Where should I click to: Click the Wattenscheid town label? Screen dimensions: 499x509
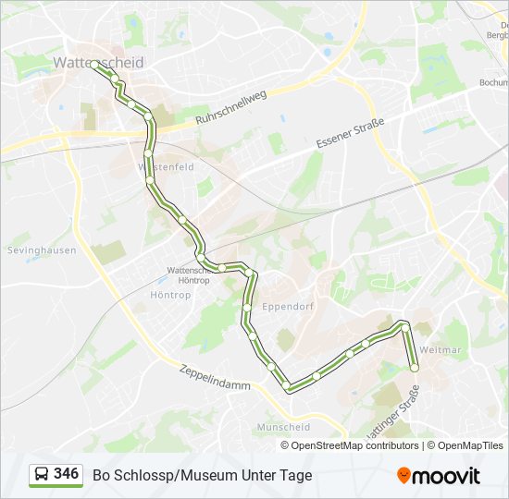pos(98,63)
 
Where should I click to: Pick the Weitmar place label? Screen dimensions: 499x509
pos(441,350)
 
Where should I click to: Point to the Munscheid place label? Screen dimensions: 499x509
pos(284,427)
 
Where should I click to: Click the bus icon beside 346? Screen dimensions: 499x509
pos(41,475)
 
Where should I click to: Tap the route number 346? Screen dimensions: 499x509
pos(66,474)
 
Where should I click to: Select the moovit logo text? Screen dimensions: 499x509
pos(446,476)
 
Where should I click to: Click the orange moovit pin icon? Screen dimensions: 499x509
pos(403,475)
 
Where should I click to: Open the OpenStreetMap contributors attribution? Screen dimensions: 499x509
pos(354,445)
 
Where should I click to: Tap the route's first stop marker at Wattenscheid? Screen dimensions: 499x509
pos(95,65)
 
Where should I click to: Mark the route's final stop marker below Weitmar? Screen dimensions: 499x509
pos(414,368)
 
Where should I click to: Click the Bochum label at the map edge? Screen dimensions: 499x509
pos(491,82)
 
